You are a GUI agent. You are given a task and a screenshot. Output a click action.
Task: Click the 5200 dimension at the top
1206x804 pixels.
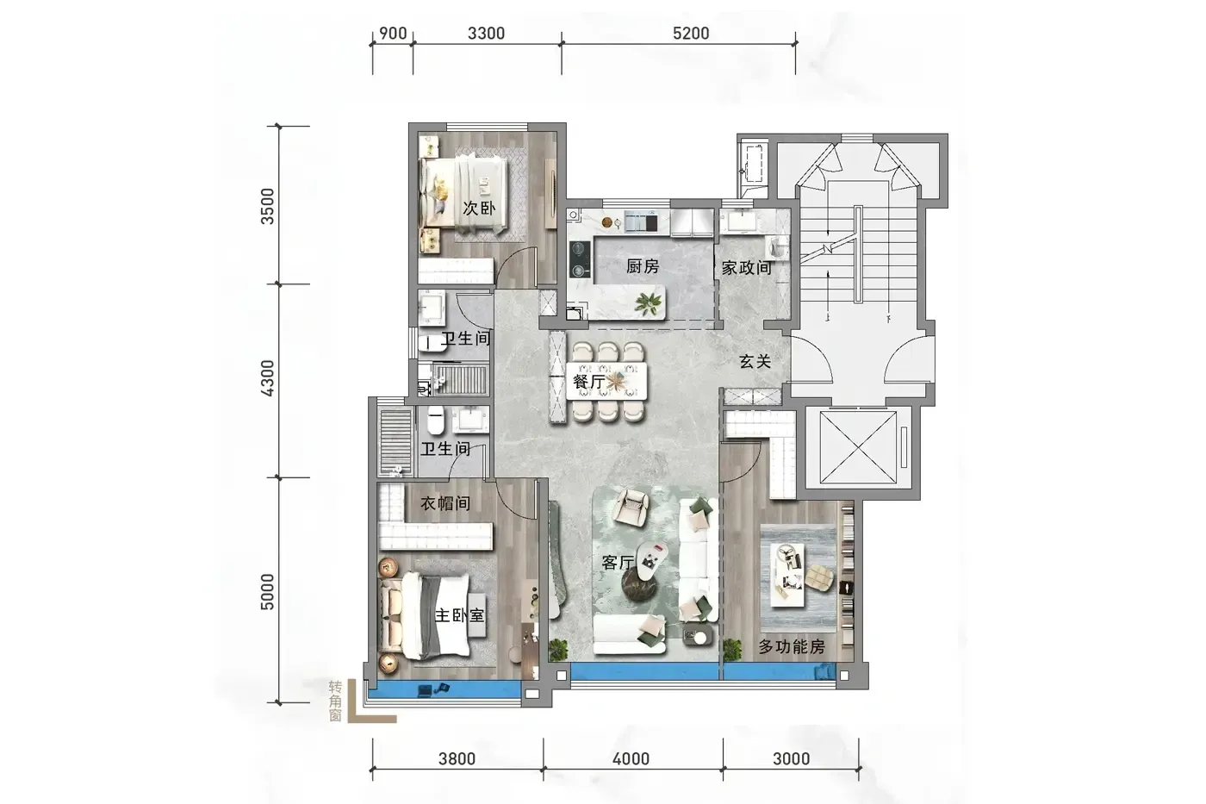pos(691,34)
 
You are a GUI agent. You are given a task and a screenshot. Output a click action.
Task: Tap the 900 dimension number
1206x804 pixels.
pos(393,34)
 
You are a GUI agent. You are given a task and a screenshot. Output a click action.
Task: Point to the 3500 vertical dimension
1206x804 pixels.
pos(267,206)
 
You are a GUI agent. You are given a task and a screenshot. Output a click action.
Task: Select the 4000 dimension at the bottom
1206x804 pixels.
pos(631,759)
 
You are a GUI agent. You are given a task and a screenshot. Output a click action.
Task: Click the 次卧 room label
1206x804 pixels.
pos(479,209)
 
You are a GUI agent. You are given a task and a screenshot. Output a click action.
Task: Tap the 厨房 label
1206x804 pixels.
pos(643,266)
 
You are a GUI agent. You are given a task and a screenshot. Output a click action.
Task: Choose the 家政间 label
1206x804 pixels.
pos(746,268)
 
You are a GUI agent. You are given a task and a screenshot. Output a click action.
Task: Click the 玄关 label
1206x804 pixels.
pos(755,361)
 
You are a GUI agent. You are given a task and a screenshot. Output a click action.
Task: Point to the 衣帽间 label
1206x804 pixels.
pos(445,503)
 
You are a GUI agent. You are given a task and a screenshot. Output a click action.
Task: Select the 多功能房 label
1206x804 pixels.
pos(792,646)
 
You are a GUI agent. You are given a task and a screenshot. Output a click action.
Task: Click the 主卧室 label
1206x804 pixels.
pos(459,615)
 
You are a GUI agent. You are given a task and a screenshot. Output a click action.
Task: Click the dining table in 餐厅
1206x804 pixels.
pos(606,381)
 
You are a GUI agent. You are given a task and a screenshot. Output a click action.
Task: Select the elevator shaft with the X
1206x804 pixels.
pos(858,447)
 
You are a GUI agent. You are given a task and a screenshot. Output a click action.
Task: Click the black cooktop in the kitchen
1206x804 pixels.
pos(580,259)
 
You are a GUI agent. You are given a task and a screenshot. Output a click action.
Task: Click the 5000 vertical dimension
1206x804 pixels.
pos(267,591)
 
